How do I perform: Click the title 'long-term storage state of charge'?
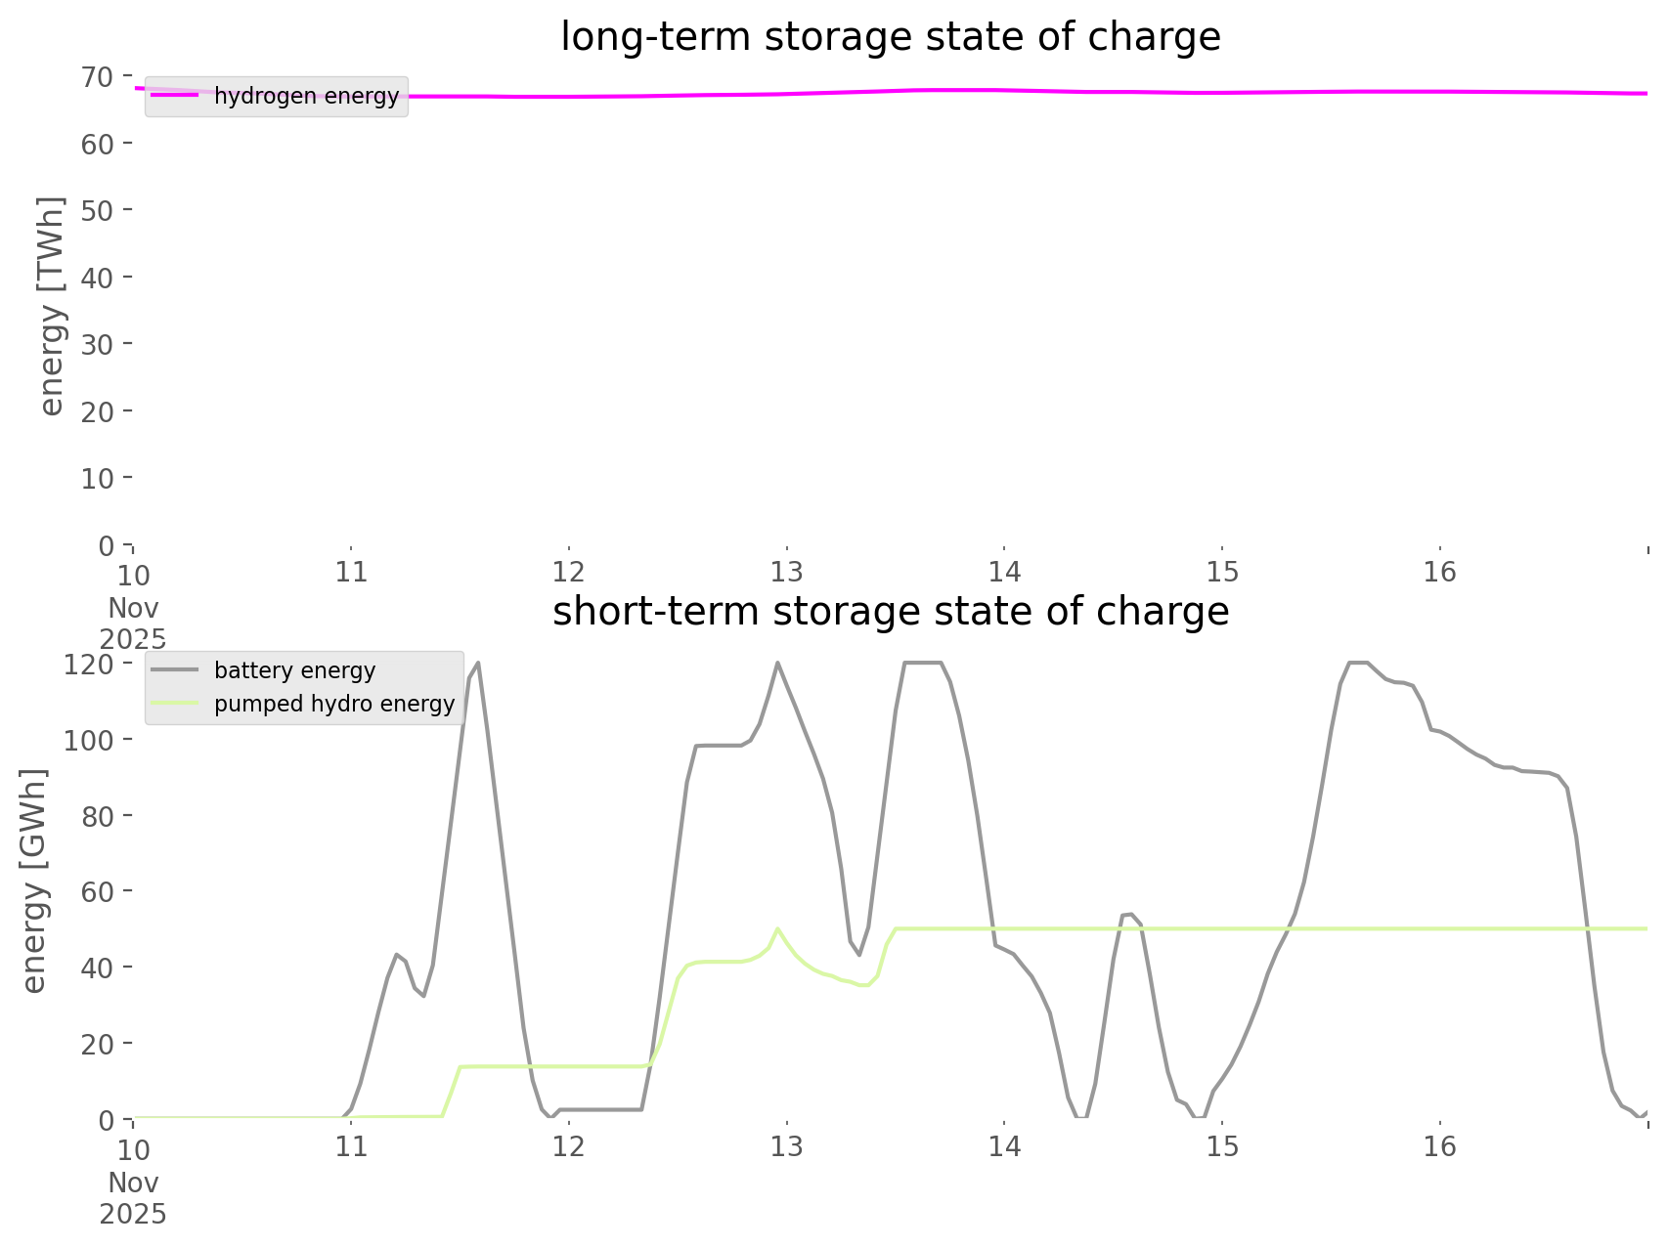890,37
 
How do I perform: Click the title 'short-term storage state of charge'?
890,612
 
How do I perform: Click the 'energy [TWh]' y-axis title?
52,306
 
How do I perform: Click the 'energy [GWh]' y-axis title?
34,881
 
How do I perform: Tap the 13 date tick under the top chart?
786,573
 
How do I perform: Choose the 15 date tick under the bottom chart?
1222,1146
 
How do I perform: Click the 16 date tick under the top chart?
1440,573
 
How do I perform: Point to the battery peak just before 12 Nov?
478,664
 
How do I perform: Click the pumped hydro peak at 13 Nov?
777,928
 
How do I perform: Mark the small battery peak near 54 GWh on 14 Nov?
1127,914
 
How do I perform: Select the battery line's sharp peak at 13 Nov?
778,664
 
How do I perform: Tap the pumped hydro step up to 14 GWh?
460,1067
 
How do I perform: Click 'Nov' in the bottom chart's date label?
133,1183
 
